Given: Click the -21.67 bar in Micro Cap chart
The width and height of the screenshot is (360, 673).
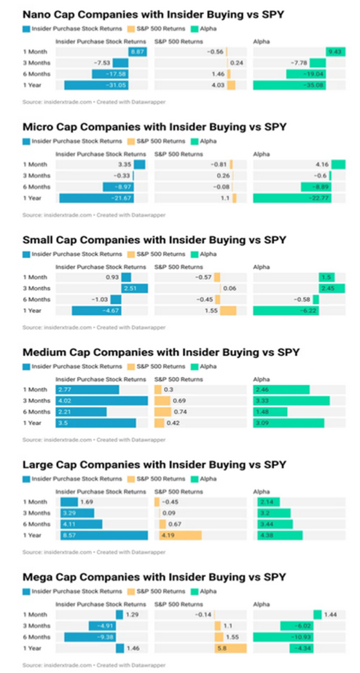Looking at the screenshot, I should (x=97, y=198).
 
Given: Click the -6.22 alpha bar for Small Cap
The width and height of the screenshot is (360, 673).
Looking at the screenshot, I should (x=286, y=310).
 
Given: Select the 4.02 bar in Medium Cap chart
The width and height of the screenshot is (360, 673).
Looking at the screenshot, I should (x=101, y=400).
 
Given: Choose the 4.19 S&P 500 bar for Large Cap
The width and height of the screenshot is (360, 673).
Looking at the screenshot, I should (x=180, y=535).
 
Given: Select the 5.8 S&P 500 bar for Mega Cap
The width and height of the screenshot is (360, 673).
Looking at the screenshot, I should (x=230, y=648).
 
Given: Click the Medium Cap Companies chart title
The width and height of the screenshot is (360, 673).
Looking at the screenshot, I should (x=161, y=352).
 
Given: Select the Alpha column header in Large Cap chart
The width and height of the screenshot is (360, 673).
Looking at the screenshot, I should (x=262, y=491).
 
